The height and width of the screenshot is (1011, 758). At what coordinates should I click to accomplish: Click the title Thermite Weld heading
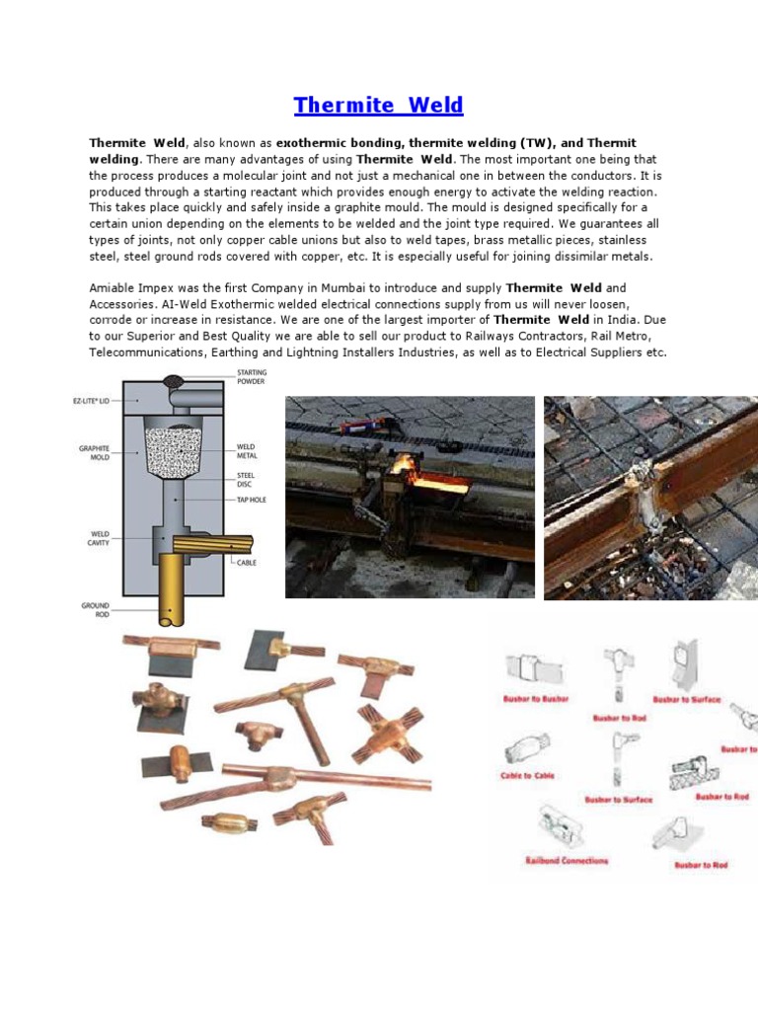coord(378,106)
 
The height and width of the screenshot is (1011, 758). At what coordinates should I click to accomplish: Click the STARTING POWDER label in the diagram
coord(251,377)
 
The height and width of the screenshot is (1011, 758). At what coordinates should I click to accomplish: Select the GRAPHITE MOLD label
coord(94,452)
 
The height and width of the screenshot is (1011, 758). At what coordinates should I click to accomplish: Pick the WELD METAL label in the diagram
coord(246,452)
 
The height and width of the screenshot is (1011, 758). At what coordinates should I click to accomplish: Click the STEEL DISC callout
coord(245,480)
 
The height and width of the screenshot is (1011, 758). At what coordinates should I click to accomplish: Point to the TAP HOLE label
coord(253,500)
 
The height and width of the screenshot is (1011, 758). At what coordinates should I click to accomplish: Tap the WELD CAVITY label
coord(96,539)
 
